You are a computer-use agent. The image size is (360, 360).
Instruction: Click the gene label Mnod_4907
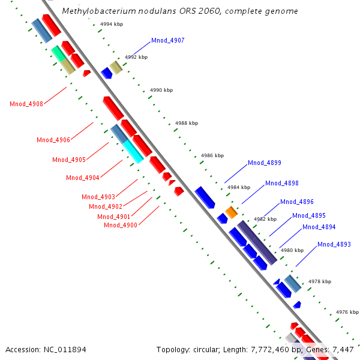pos(167,41)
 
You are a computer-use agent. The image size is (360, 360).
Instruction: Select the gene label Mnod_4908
pos(26,104)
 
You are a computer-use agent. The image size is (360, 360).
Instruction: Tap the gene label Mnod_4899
pos(264,163)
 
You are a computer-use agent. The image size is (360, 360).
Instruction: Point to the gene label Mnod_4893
pos(334,244)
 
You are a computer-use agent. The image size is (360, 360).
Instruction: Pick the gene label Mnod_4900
pos(120,225)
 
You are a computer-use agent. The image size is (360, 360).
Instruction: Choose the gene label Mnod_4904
pos(82,178)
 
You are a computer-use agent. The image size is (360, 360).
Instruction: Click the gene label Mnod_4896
pos(296,202)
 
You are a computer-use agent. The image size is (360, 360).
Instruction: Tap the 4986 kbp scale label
pos(212,155)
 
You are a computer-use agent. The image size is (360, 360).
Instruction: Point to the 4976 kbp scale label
pos(347,312)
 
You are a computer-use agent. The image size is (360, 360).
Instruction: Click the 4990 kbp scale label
pos(161,90)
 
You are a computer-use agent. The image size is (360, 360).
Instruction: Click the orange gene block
pos(232,212)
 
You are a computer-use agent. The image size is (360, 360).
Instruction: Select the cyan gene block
pos(133,151)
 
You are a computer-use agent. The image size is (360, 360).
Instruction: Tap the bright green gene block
pos(58,53)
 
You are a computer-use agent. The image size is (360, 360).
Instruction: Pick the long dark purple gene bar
pos(257,242)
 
